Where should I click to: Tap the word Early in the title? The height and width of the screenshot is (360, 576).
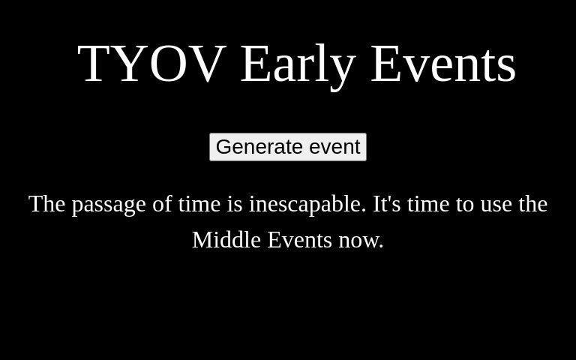click(x=298, y=64)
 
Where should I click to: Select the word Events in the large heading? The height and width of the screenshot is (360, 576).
click(x=442, y=64)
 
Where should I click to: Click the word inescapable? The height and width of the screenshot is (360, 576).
click(x=307, y=204)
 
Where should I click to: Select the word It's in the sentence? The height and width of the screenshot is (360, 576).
click(x=387, y=204)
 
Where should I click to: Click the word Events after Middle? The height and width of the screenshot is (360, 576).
click(x=299, y=240)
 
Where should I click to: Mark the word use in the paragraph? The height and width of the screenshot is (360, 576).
click(x=496, y=204)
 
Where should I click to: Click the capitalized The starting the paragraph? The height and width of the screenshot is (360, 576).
click(x=47, y=204)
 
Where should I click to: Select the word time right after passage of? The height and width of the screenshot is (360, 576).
click(x=199, y=204)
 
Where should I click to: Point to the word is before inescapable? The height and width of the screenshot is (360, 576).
click(x=235, y=204)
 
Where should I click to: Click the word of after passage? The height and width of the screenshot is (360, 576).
click(x=162, y=204)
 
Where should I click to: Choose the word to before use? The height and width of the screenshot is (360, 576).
click(x=465, y=204)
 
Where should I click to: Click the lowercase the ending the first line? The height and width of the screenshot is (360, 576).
click(x=532, y=204)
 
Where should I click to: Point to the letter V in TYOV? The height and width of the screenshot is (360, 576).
click(x=208, y=64)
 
